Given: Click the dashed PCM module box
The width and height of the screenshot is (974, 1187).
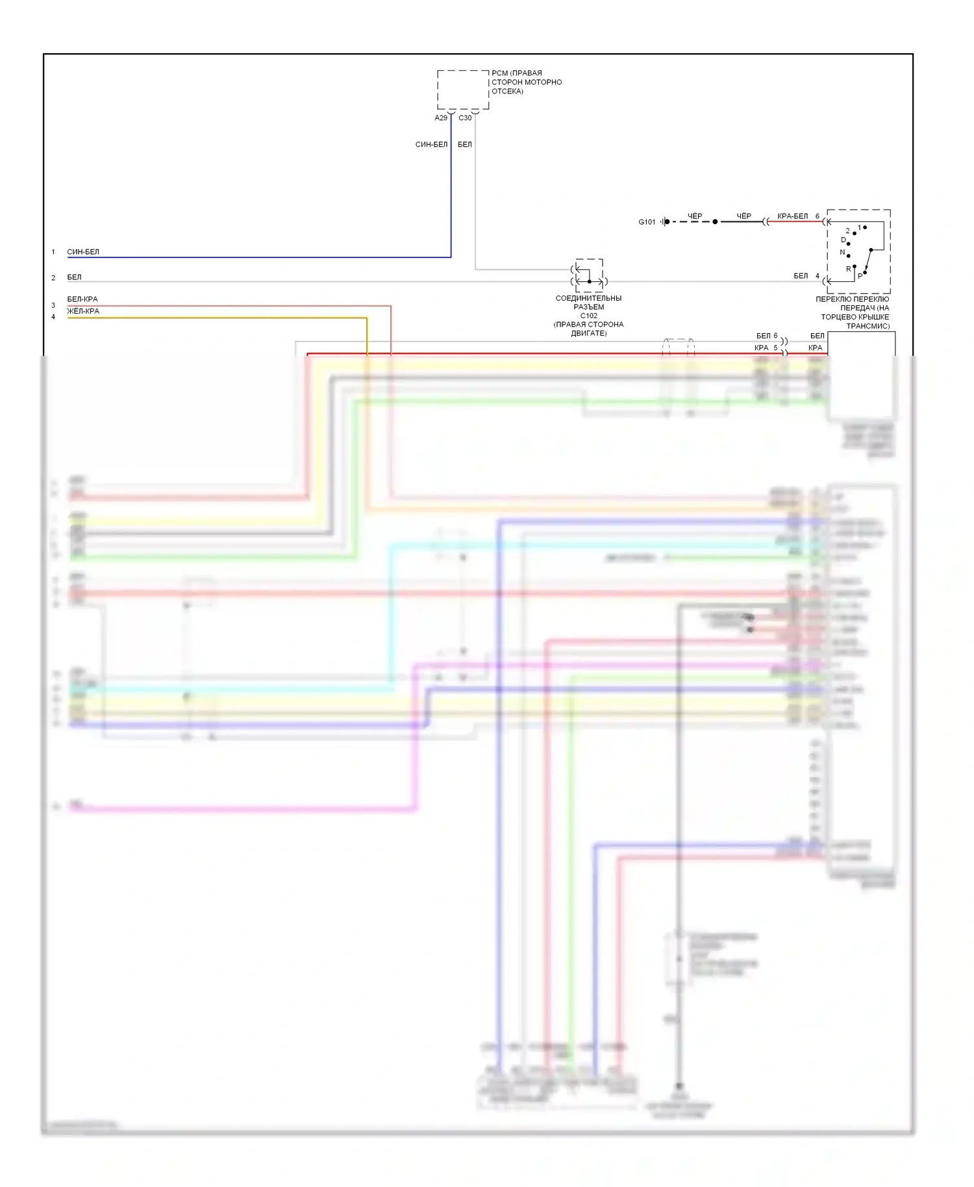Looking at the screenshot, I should [x=462, y=90].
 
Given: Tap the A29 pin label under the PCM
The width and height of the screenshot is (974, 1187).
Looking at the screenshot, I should [x=441, y=118].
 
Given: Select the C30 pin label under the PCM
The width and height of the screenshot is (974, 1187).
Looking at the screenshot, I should [x=465, y=118].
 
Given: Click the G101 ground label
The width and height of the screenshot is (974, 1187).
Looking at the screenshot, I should [x=647, y=222].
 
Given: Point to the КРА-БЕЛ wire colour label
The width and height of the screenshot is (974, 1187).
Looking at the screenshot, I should [x=792, y=216].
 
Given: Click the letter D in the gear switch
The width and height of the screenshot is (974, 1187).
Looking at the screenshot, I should [x=843, y=240].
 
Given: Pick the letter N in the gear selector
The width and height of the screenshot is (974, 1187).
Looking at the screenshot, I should [x=842, y=253].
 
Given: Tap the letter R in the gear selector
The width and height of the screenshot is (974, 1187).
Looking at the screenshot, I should [x=848, y=269].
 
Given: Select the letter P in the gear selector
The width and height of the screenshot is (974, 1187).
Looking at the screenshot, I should [x=860, y=276].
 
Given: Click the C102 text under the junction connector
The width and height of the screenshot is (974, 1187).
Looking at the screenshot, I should [x=588, y=316].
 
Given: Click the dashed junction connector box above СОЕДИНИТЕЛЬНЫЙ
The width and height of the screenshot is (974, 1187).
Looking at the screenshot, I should [x=589, y=275].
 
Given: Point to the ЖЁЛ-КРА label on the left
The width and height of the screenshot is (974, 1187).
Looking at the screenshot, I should [x=83, y=311].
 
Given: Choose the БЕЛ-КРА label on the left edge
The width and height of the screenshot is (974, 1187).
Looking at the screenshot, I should [x=82, y=299].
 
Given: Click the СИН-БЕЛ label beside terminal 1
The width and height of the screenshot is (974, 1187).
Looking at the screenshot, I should [x=83, y=252].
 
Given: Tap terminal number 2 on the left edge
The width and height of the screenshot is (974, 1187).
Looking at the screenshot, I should [x=53, y=278].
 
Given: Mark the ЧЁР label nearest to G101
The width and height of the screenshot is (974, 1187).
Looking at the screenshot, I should [x=695, y=216].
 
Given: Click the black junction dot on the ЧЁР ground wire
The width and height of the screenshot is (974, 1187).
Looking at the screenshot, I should [x=715, y=222].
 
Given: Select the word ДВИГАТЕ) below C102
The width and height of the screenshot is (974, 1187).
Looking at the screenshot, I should [x=588, y=334].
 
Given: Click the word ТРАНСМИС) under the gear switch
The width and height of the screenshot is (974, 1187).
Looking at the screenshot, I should [x=868, y=326].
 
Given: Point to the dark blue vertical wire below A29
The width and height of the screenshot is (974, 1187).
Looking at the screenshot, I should [x=451, y=195].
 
